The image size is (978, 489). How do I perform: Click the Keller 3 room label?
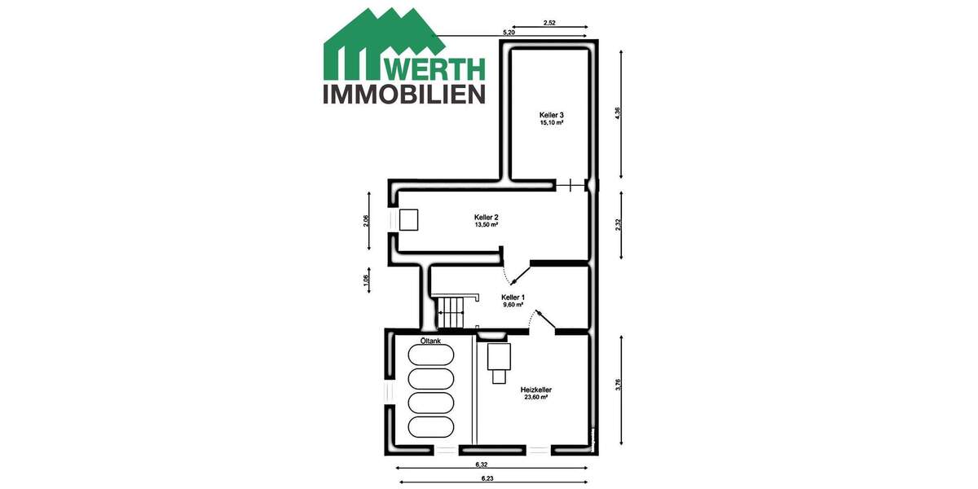click(x=552, y=115)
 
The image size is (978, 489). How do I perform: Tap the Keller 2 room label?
click(x=486, y=217)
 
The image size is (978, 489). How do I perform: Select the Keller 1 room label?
click(x=513, y=297)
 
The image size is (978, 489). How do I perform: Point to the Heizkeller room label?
click(x=535, y=390)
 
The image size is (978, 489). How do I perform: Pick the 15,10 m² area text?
click(x=552, y=124)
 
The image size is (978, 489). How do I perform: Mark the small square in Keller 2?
click(x=407, y=219)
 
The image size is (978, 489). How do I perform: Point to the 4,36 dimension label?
click(x=619, y=114)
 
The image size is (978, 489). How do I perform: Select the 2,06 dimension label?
click(x=366, y=222)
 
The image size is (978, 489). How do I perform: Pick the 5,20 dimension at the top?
click(x=509, y=33)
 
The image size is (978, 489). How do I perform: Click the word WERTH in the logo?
click(x=435, y=68)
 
